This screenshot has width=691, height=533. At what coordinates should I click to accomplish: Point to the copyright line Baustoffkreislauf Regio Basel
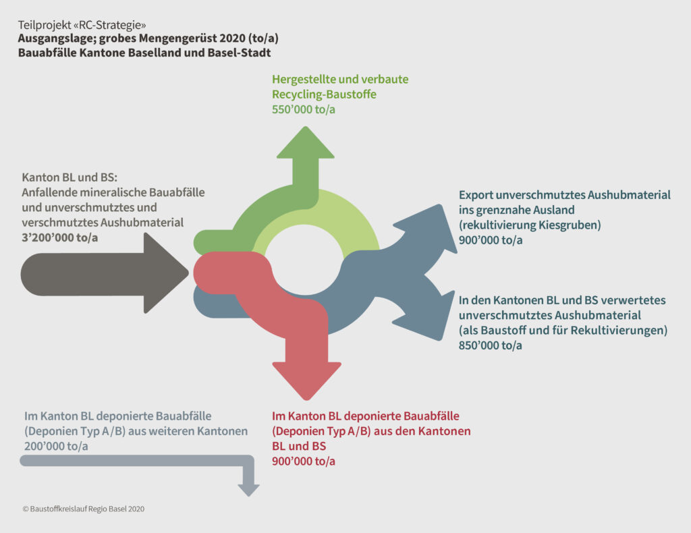pos(84,509)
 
